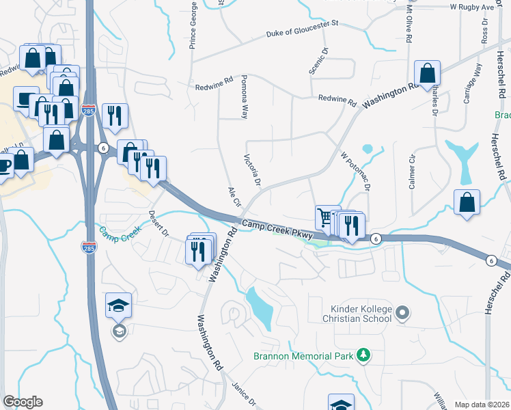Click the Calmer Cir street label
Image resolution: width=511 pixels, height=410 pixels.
click(x=412, y=177)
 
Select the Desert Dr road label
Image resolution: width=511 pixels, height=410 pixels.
click(x=160, y=223)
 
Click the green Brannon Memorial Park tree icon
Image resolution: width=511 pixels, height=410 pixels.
click(x=365, y=355)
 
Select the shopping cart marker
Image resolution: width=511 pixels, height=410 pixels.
click(x=327, y=217)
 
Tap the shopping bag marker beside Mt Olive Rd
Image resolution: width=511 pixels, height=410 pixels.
click(x=427, y=72)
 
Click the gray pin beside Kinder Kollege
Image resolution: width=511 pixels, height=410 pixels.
click(x=403, y=313)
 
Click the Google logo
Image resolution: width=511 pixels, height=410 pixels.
click(x=23, y=402)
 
